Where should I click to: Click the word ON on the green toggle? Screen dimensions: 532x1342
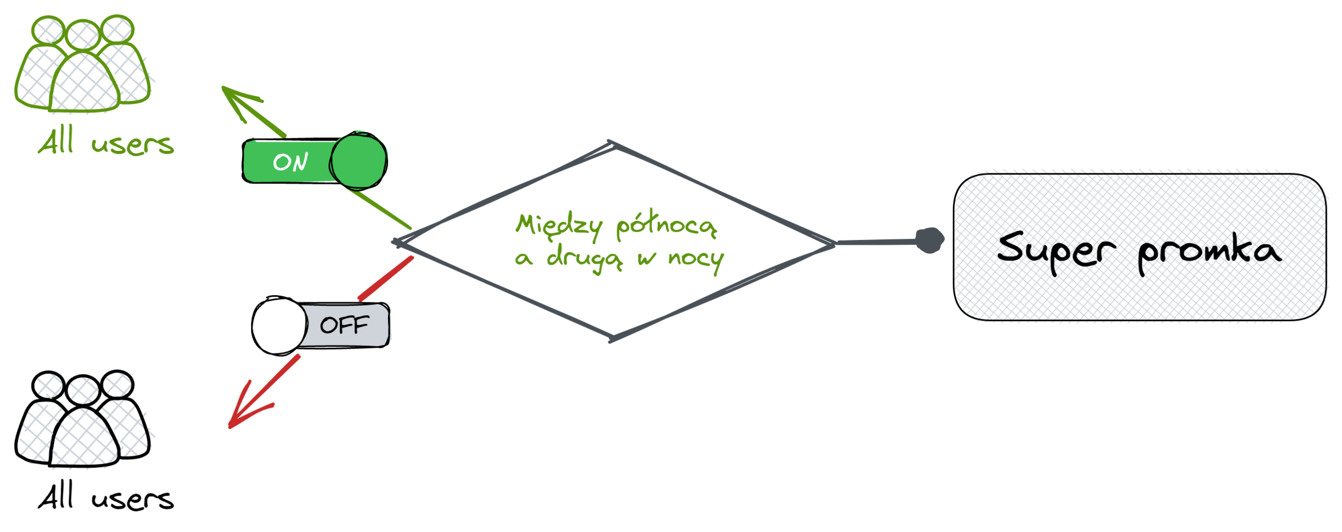click(290, 162)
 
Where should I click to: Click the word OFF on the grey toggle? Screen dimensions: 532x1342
click(344, 325)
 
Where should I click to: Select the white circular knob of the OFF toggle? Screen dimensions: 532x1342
click(279, 325)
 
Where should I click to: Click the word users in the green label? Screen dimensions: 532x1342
click(133, 144)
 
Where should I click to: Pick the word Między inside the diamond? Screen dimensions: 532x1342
click(558, 225)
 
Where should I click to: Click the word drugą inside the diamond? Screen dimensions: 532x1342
click(585, 258)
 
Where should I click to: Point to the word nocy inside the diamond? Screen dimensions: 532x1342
click(696, 260)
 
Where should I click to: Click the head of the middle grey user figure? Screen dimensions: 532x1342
click(83, 390)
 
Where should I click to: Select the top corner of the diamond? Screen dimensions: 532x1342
click(612, 144)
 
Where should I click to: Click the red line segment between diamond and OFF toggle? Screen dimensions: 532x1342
click(385, 278)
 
